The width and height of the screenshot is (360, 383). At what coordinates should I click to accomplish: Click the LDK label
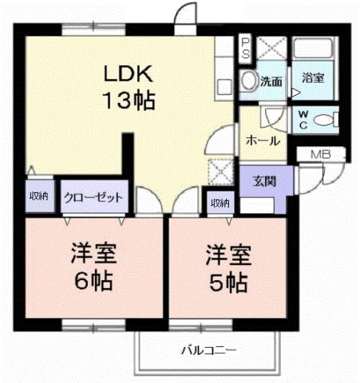pyautogui.click(x=127, y=73)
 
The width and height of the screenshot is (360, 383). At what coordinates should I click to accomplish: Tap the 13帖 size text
pyautogui.click(x=127, y=101)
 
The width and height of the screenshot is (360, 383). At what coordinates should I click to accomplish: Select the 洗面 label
pyautogui.click(x=271, y=81)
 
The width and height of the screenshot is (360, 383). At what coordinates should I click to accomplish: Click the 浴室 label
pyautogui.click(x=312, y=78)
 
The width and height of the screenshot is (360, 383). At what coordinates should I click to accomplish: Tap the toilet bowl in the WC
pyautogui.click(x=324, y=120)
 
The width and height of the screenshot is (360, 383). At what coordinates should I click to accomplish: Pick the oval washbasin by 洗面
pyautogui.click(x=248, y=81)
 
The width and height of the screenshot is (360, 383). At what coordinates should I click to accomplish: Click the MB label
pyautogui.click(x=318, y=154)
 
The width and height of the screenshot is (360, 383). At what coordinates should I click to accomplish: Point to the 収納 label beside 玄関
pyautogui.click(x=220, y=203)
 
